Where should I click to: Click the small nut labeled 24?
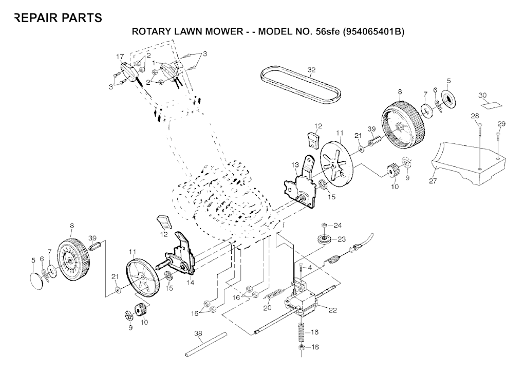(325, 226)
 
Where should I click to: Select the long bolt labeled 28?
(479, 144)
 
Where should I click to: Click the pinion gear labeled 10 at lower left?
(140, 311)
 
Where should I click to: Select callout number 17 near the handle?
(120, 56)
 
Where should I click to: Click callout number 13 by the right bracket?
(295, 164)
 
